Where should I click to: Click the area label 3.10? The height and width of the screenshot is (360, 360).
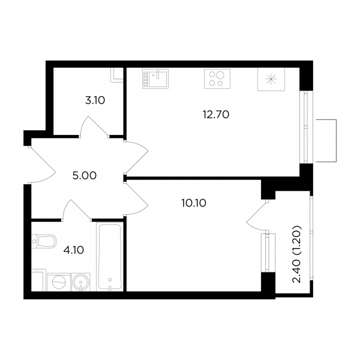(x=95, y=101)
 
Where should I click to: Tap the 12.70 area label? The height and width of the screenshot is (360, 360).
(x=216, y=115)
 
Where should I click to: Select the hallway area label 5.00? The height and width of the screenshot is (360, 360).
(x=85, y=176)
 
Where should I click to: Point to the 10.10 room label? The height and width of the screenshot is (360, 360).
(x=194, y=203)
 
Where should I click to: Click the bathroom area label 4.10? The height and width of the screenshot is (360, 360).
(x=73, y=250)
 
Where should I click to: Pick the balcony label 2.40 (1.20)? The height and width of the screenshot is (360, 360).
(x=296, y=254)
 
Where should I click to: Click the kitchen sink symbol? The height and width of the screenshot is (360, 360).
(x=155, y=79)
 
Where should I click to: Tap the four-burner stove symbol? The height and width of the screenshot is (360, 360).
(x=217, y=79)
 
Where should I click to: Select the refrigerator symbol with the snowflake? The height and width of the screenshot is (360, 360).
(x=271, y=79)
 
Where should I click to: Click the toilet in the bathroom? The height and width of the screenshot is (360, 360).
(x=44, y=241)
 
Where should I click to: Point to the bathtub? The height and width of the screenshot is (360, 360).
(x=110, y=257)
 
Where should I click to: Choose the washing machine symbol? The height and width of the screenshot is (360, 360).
(x=59, y=282)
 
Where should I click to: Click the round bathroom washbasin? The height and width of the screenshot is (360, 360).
(x=80, y=282)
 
